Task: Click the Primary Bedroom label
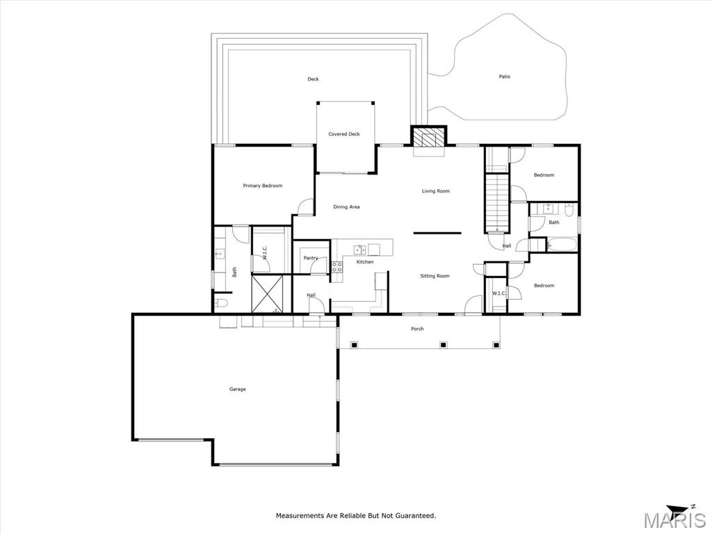pyautogui.click(x=262, y=186)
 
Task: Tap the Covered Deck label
pyautogui.click(x=344, y=134)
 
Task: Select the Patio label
pyautogui.click(x=505, y=76)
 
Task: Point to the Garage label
pyautogui.click(x=238, y=389)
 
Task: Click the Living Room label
pyautogui.click(x=436, y=191)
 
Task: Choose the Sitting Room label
pyautogui.click(x=435, y=276)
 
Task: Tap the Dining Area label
pyautogui.click(x=346, y=207)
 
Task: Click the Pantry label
pyautogui.click(x=311, y=258)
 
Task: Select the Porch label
pyautogui.click(x=417, y=329)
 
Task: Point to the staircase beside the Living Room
pyautogui.click(x=496, y=202)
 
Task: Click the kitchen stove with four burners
pyautogui.click(x=337, y=267)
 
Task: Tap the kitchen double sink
pyautogui.click(x=360, y=250)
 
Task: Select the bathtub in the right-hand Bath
pyautogui.click(x=562, y=245)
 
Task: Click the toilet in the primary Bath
pyautogui.click(x=222, y=302)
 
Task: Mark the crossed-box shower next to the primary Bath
pyautogui.click(x=267, y=294)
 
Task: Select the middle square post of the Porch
pyautogui.click(x=443, y=345)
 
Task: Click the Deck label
pyautogui.click(x=314, y=79)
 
